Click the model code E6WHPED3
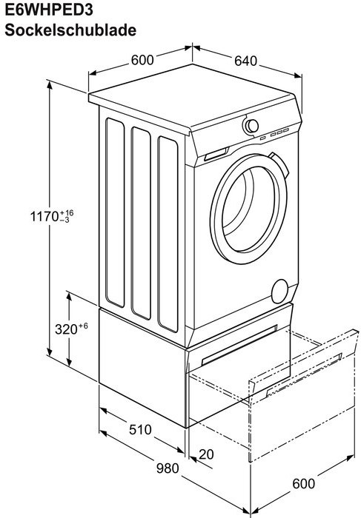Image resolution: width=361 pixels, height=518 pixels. (49, 9)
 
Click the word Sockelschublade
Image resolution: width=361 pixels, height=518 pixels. (70, 30)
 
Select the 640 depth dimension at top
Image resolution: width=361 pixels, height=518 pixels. (245, 61)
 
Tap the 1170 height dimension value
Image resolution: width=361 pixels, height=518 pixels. (44, 217)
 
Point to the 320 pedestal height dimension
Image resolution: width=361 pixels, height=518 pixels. (66, 329)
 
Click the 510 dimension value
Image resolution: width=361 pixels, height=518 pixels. (140, 429)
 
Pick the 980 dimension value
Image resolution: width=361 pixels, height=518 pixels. (168, 468)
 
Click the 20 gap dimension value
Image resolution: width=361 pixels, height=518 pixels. (207, 454)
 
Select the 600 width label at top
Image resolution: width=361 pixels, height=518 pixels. (142, 60)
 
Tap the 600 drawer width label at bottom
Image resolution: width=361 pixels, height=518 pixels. (303, 484)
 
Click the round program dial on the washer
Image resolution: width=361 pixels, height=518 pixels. (251, 126)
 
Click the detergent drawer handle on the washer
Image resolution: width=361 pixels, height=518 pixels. (216, 154)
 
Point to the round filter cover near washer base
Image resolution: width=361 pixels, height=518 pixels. (279, 291)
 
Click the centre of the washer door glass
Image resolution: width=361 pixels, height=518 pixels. (248, 209)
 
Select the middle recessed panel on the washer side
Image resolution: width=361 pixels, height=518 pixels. (141, 223)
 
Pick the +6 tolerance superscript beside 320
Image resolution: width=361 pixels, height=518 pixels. (83, 326)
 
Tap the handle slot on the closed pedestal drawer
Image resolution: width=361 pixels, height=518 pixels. (239, 345)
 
